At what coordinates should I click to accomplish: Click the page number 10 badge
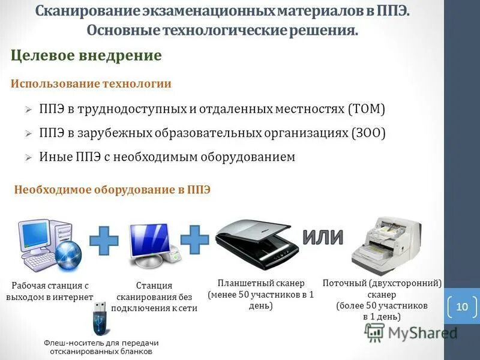pyautogui.click(x=461, y=307)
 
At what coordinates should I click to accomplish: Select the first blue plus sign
pyautogui.click(x=104, y=240)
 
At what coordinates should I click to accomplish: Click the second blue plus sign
pyautogui.click(x=194, y=239)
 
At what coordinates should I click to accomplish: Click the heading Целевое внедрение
pyautogui.click(x=86, y=56)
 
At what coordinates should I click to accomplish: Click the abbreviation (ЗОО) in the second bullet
pyautogui.click(x=368, y=133)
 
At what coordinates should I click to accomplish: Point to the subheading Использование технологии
pyautogui.click(x=91, y=84)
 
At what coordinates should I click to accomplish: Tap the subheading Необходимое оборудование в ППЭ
pyautogui.click(x=112, y=190)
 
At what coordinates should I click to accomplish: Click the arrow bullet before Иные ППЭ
pyautogui.click(x=28, y=158)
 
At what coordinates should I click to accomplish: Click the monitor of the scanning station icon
pyautogui.click(x=149, y=239)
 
